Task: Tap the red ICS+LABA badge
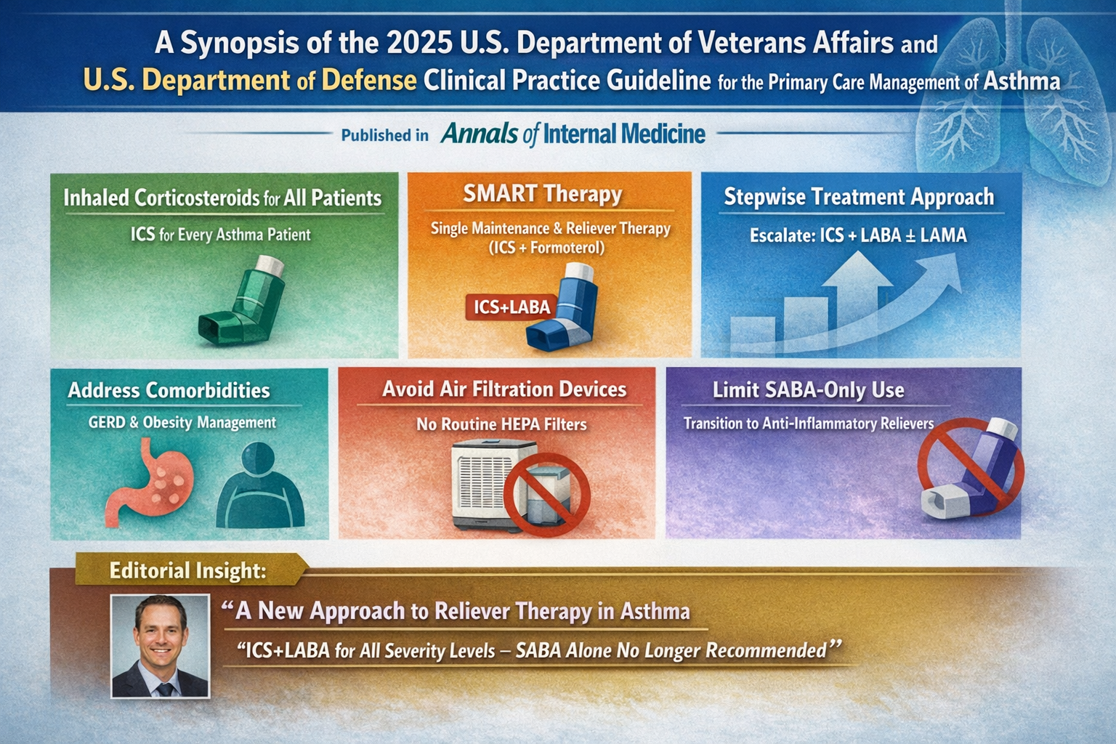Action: click(x=511, y=307)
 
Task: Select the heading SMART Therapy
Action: click(x=543, y=194)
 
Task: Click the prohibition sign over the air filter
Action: click(x=546, y=495)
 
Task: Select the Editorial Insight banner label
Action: click(x=187, y=570)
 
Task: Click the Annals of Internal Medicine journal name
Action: click(x=573, y=134)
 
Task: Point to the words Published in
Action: click(x=384, y=136)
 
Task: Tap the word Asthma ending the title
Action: click(x=1021, y=81)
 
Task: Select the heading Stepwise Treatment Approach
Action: click(x=859, y=198)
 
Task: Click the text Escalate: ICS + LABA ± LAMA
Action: click(x=858, y=235)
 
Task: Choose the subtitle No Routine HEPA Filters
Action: click(x=501, y=424)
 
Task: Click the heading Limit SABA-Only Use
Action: click(x=808, y=390)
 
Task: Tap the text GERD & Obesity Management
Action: click(x=182, y=423)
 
